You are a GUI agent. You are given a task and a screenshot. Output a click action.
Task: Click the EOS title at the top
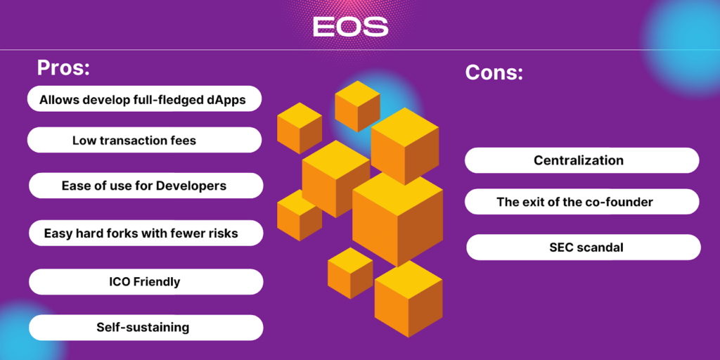click(350, 27)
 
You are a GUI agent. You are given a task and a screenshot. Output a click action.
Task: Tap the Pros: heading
click(63, 67)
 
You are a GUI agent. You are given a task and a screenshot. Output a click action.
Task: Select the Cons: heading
click(494, 72)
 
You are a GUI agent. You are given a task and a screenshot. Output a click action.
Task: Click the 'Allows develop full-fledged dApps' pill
click(144, 98)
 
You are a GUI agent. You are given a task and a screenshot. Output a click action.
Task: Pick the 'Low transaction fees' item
click(144, 140)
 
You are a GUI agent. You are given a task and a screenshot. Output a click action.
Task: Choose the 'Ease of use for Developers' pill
click(146, 186)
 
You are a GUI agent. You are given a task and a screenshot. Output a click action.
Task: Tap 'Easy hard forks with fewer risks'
click(146, 233)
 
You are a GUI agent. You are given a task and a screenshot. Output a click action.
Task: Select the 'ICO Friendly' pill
click(146, 281)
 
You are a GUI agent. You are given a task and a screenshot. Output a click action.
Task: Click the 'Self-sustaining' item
click(146, 328)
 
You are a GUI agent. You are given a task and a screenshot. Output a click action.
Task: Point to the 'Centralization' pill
click(581, 160)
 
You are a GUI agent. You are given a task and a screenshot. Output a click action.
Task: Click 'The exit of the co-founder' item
click(581, 202)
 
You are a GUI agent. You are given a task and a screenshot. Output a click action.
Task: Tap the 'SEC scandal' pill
click(584, 247)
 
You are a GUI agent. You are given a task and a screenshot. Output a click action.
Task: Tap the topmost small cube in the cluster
click(357, 106)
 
